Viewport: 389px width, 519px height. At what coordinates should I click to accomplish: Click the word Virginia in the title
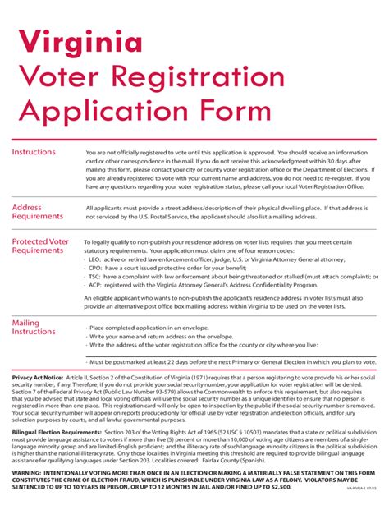78,41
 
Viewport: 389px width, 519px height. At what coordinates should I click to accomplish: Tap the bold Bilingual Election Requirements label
57,432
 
